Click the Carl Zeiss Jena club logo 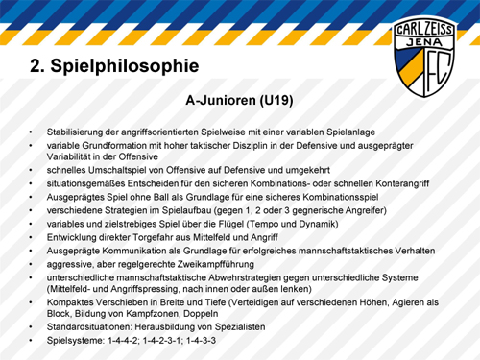pyautogui.click(x=424, y=57)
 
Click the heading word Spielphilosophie pyautogui.click(x=125, y=66)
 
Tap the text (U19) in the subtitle pyautogui.click(x=276, y=101)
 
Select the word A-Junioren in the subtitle pyautogui.click(x=221, y=101)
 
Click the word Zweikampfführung pyautogui.click(x=216, y=264)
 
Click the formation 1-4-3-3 pyautogui.click(x=201, y=340)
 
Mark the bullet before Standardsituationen pyautogui.click(x=31, y=327)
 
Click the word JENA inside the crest pyautogui.click(x=424, y=42)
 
